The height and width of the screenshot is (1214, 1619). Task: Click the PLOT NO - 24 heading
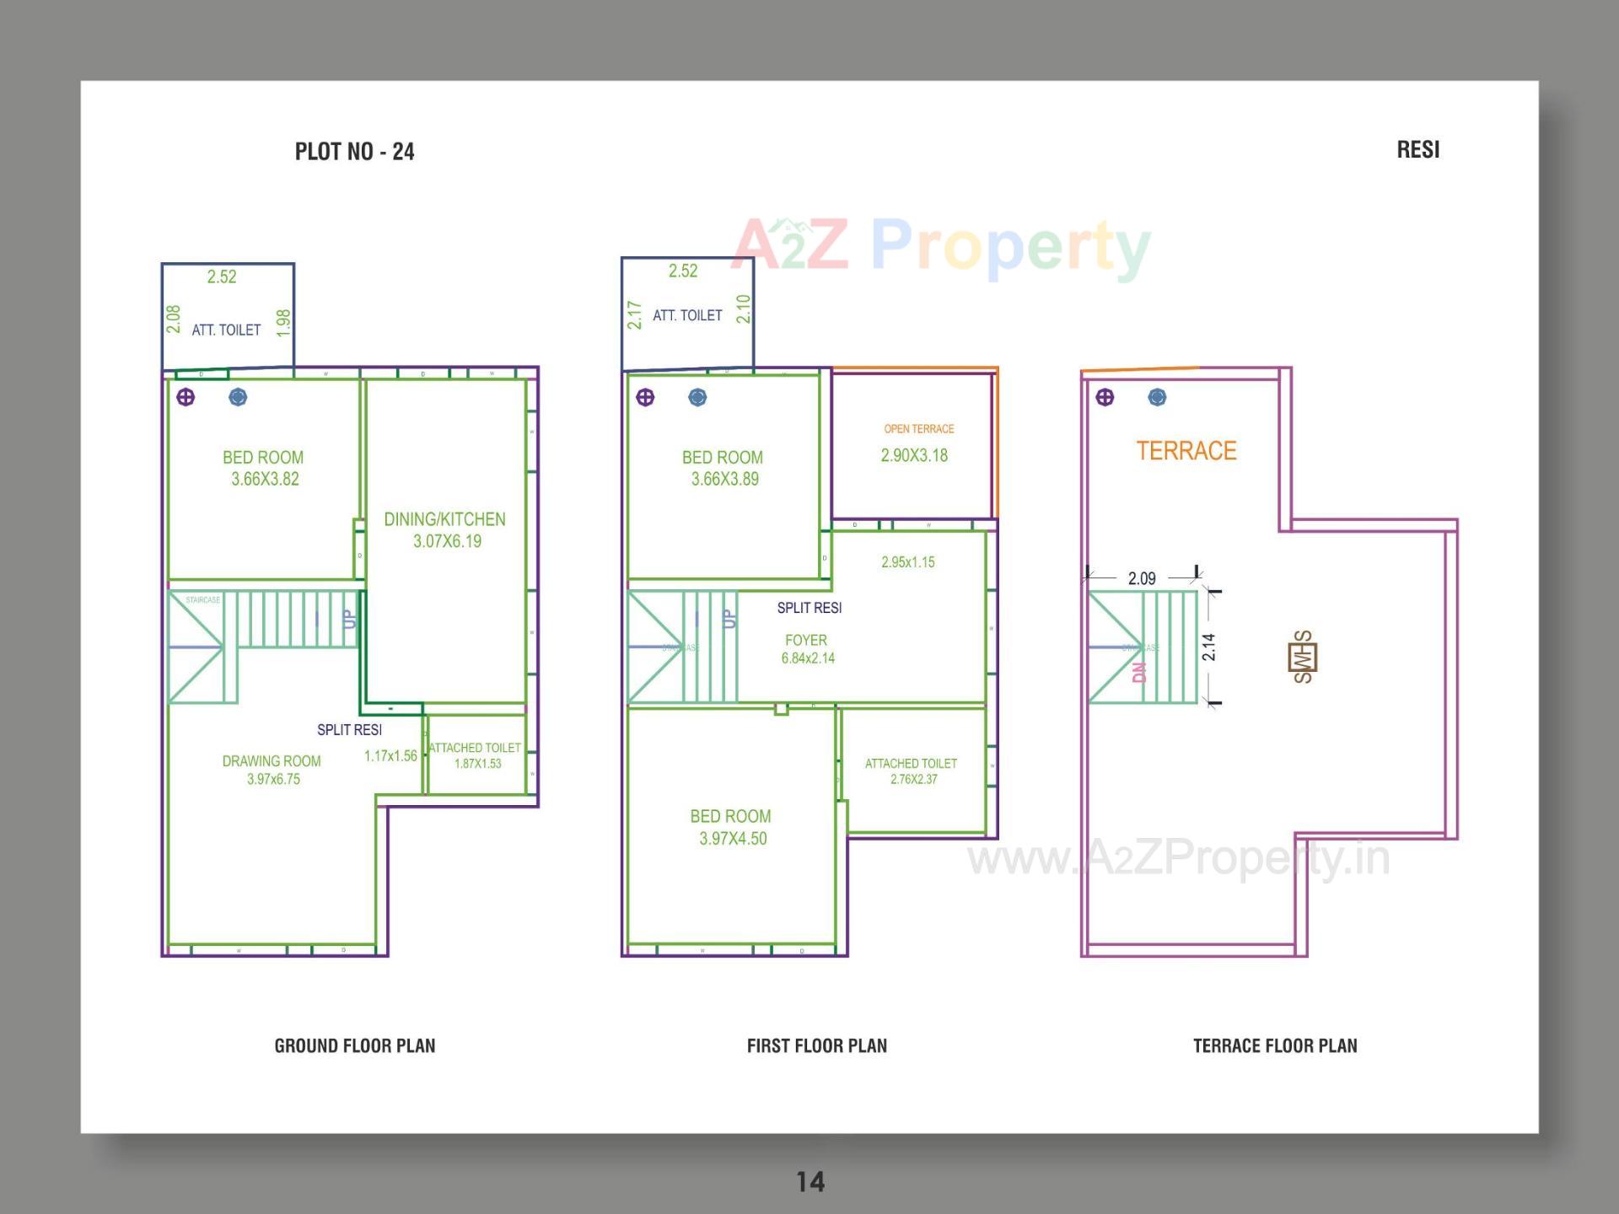pyautogui.click(x=354, y=152)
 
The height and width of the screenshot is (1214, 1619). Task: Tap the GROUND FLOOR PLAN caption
pyautogui.click(x=354, y=1045)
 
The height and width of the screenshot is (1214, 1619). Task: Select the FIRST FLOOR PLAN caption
pyautogui.click(x=816, y=1045)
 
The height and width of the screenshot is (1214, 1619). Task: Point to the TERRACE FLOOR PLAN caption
pyautogui.click(x=1274, y=1045)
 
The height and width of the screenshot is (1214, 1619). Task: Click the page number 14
pyautogui.click(x=810, y=1181)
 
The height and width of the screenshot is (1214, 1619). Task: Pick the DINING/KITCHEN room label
pyautogui.click(x=444, y=519)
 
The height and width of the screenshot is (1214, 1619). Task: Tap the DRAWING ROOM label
pyautogui.click(x=272, y=760)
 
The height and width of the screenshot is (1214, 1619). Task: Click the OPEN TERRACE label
pyautogui.click(x=918, y=429)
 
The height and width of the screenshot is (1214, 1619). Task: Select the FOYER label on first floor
pyautogui.click(x=805, y=640)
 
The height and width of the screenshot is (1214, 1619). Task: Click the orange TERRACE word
pyautogui.click(x=1186, y=451)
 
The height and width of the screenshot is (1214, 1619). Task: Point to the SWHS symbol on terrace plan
pyautogui.click(x=1302, y=657)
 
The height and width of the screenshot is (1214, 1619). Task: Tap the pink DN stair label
pyautogui.click(x=1139, y=672)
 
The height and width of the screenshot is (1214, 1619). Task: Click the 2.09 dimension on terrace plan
pyautogui.click(x=1142, y=578)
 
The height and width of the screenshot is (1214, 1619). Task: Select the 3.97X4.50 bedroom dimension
pyautogui.click(x=733, y=838)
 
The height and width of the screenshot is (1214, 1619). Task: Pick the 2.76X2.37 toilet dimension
pyautogui.click(x=913, y=779)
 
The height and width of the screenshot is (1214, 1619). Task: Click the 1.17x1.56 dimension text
pyautogui.click(x=390, y=755)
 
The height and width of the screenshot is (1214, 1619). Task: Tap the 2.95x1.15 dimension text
pyautogui.click(x=907, y=562)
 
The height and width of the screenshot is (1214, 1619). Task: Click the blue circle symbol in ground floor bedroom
pyautogui.click(x=238, y=397)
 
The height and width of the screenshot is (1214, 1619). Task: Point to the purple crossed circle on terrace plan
pyautogui.click(x=1105, y=397)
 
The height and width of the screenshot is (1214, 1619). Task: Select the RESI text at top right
pyautogui.click(x=1417, y=150)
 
